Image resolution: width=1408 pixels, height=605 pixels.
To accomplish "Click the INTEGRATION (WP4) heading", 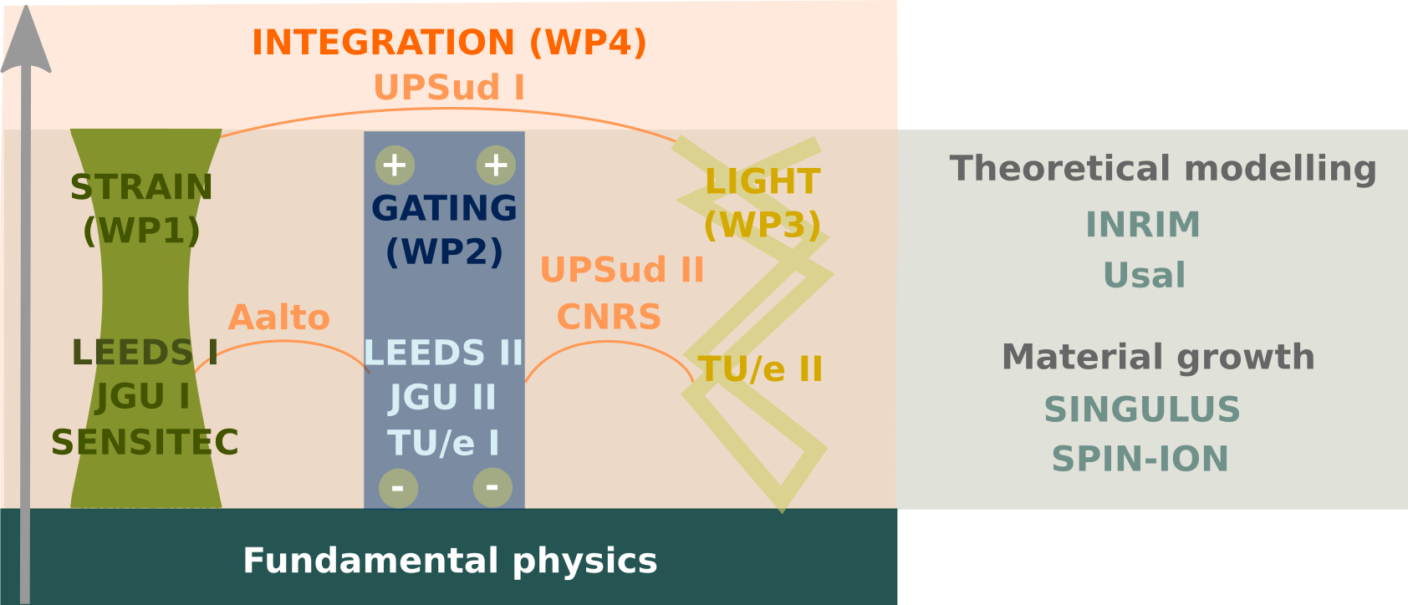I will point(449,43).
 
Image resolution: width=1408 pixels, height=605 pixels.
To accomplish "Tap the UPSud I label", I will point(449,88).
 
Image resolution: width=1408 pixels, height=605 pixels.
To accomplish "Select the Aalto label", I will point(279,318).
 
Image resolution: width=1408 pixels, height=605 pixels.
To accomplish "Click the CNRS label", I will point(609,318).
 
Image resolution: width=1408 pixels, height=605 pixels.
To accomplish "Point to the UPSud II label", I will point(622,270).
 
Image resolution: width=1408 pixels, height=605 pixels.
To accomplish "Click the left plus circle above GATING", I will point(395,165).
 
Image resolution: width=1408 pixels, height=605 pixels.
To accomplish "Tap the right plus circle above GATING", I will point(496,165).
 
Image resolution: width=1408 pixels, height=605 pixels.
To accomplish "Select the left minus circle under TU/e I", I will point(398,487).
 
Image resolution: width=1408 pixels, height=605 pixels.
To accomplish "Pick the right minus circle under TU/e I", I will point(492,486).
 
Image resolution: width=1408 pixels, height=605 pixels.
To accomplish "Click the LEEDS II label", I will point(444,353).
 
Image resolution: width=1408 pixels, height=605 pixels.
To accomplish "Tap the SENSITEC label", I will point(145,442).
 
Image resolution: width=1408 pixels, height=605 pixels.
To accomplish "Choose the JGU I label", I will point(143,397).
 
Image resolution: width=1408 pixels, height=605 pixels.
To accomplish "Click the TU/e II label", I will point(760,369).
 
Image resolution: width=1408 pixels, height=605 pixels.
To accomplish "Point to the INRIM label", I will point(1142,225).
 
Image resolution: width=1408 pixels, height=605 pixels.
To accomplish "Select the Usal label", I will point(1144,276).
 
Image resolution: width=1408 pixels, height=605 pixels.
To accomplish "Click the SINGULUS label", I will point(1141,409).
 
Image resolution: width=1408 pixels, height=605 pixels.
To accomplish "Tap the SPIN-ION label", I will point(1140,459).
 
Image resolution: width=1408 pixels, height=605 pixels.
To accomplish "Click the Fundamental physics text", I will point(450,560).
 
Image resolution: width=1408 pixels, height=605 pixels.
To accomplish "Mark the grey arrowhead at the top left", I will point(26,42).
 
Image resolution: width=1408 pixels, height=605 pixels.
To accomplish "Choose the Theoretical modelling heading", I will point(1163,168).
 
